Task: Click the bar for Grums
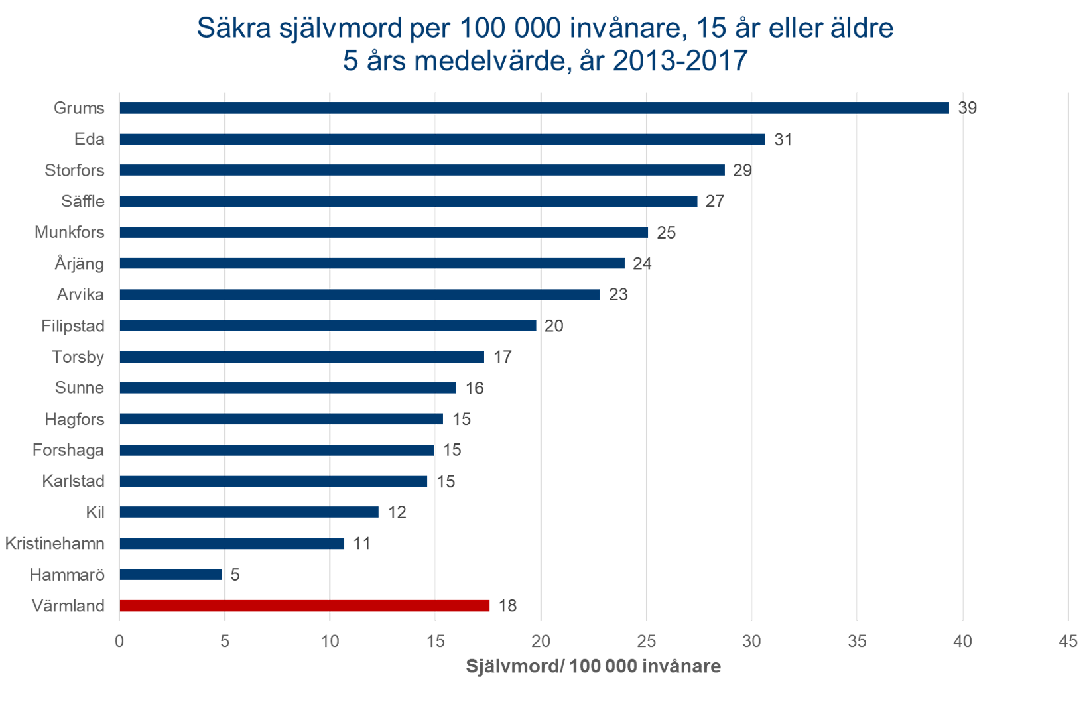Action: (534, 108)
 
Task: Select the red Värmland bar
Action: (304, 605)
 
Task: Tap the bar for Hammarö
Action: (170, 574)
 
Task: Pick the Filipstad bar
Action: (328, 325)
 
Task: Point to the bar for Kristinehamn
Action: (231, 544)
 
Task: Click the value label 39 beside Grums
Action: (967, 108)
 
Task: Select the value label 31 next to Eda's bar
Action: (783, 139)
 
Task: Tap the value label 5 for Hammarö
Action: (235, 575)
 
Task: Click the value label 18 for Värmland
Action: (507, 606)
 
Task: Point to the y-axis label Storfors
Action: (74, 170)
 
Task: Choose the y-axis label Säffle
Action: (83, 202)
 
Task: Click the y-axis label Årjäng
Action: (80, 264)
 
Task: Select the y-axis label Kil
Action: (95, 512)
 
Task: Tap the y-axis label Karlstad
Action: (73, 481)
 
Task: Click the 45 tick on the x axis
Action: (1068, 642)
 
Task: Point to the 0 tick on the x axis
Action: (119, 642)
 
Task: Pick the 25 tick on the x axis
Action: (646, 642)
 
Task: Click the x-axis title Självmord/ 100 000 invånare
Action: (593, 666)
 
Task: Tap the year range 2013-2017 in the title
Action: (680, 61)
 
